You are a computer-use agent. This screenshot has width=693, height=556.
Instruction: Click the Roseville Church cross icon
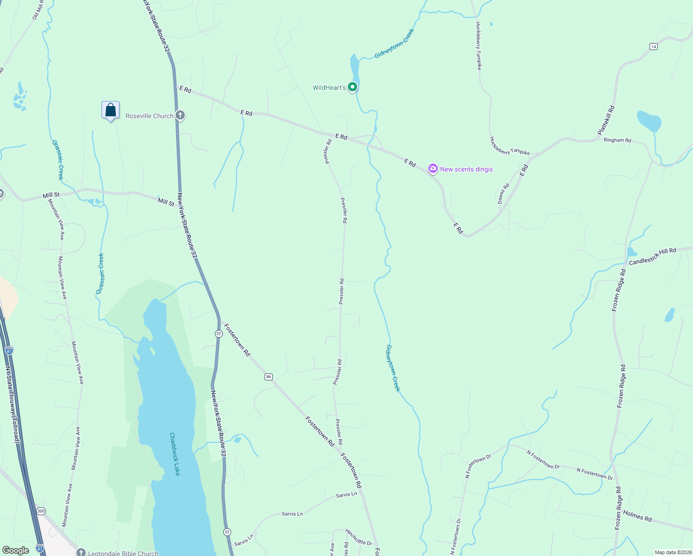pyautogui.click(x=180, y=115)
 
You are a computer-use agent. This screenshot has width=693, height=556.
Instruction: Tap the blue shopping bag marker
pyautogui.click(x=110, y=110)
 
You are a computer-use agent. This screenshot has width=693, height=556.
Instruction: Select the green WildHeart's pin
pyautogui.click(x=353, y=87)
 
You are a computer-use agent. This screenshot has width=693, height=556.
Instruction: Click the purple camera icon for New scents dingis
pyautogui.click(x=433, y=169)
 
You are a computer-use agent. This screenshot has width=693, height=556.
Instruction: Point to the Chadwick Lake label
pyautogui.click(x=175, y=454)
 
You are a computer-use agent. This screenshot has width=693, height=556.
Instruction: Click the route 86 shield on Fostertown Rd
pyautogui.click(x=269, y=377)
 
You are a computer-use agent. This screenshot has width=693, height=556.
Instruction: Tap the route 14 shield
pyautogui.click(x=653, y=46)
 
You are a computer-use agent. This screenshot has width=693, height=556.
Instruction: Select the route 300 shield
pyautogui.click(x=41, y=511)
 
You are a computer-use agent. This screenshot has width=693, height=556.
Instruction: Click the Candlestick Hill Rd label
pyautogui.click(x=652, y=256)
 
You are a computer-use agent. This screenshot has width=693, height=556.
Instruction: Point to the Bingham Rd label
pyautogui.click(x=617, y=140)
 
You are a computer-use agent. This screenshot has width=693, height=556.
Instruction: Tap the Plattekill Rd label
pyautogui.click(x=606, y=120)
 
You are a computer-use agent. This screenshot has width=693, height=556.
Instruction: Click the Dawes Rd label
pyautogui.click(x=504, y=193)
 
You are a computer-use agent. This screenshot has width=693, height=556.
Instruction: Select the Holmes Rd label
pyautogui.click(x=637, y=516)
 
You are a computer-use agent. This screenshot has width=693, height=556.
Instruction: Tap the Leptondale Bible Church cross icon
pyautogui.click(x=81, y=552)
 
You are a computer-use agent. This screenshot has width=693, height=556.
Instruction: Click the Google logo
pyautogui.click(x=15, y=550)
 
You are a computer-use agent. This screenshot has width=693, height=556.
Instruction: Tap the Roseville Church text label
pyautogui.click(x=149, y=116)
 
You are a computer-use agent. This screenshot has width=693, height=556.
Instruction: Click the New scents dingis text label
pyautogui.click(x=466, y=169)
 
